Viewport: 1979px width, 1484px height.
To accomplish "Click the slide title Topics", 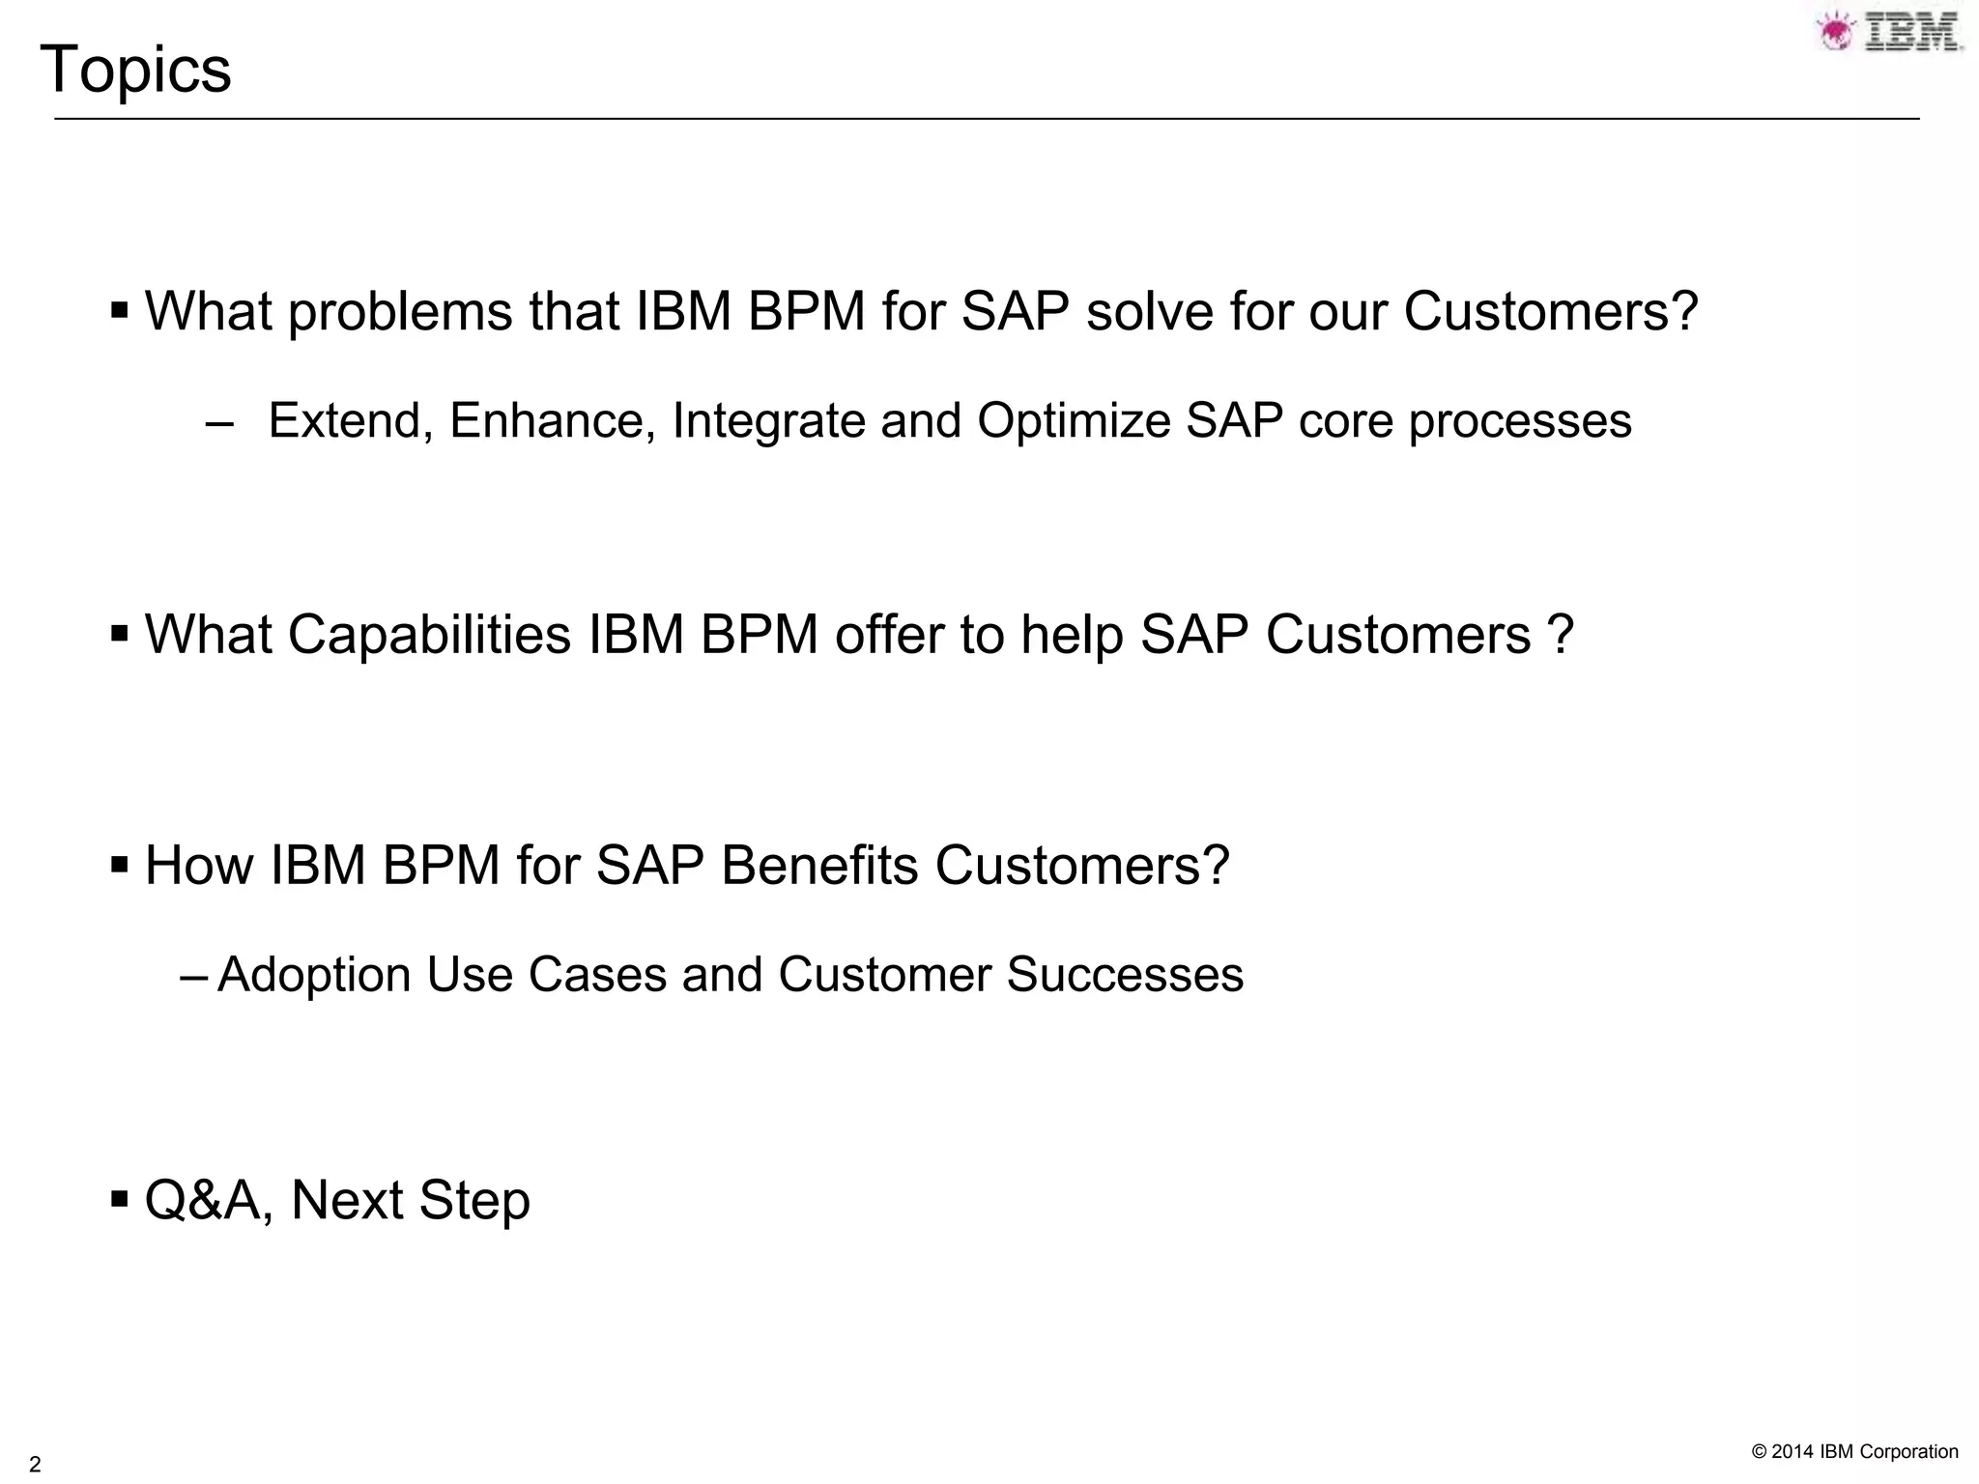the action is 135,71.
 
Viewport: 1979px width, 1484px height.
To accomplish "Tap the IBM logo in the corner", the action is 1890,32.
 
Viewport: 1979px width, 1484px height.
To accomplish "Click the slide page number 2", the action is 36,1463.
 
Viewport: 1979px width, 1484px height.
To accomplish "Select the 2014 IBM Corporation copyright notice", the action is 1854,1451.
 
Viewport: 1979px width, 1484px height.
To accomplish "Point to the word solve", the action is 1150,312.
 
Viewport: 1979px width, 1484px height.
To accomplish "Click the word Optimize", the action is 1074,421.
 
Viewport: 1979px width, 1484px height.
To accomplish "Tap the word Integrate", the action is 768,421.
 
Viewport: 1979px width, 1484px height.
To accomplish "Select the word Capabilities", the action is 429,635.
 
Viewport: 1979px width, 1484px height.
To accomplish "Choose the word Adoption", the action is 314,975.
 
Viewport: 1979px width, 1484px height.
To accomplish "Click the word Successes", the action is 1125,975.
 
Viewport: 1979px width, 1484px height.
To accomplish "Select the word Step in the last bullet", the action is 474,1201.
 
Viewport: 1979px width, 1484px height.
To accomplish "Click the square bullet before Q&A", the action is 120,1200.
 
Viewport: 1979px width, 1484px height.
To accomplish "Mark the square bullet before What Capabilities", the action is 120,635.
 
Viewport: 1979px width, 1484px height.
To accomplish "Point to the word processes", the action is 1520,421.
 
